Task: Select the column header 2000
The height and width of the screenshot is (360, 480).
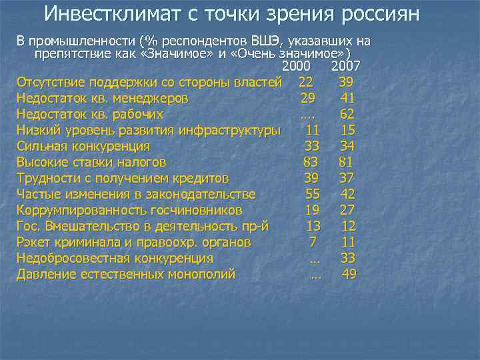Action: click(x=297, y=67)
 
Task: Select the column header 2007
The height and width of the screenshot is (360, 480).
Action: click(x=345, y=67)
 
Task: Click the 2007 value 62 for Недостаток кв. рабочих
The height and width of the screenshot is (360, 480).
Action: click(x=347, y=114)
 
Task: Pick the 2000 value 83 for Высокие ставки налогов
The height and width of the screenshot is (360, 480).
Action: click(x=310, y=162)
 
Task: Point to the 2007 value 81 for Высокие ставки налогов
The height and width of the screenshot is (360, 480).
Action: click(x=345, y=162)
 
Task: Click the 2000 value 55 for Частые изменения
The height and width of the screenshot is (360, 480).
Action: click(x=312, y=194)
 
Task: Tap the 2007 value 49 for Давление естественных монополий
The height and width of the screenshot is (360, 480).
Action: click(x=349, y=274)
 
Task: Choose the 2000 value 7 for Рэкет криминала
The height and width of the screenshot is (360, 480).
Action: click(x=312, y=242)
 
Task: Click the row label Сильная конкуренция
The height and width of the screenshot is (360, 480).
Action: click(x=83, y=146)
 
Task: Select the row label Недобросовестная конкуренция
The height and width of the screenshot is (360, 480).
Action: click(x=115, y=258)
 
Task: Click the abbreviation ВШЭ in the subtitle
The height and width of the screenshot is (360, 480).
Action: click(x=265, y=41)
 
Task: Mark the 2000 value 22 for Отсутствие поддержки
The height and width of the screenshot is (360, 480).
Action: click(x=306, y=82)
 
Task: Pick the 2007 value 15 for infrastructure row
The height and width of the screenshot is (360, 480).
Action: click(x=347, y=130)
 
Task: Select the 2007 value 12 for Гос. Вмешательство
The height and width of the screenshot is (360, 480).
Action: click(x=348, y=226)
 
